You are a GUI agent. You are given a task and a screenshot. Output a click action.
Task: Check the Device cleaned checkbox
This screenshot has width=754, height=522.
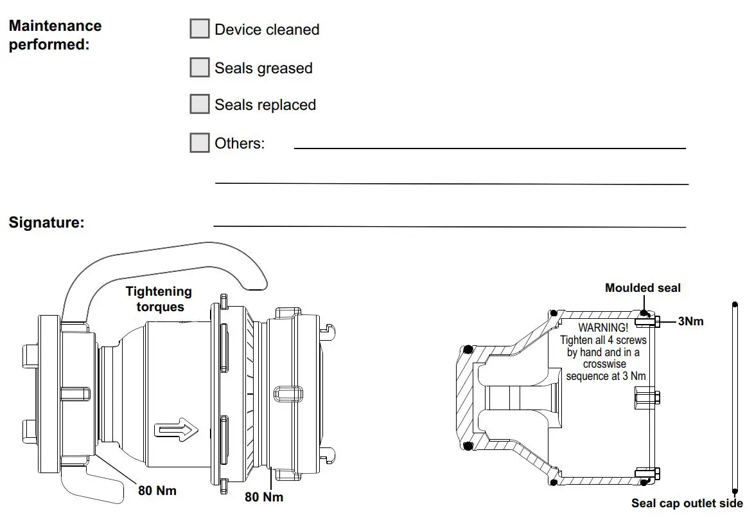pos(200,29)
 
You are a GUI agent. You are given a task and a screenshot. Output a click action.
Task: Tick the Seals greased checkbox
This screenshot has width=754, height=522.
pos(200,67)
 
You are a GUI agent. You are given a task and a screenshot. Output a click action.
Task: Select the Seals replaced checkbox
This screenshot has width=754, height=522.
pos(200,104)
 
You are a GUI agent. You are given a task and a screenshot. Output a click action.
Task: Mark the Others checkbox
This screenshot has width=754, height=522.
pos(200,143)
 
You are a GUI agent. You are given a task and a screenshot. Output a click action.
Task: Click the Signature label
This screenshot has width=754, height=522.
pos(46,223)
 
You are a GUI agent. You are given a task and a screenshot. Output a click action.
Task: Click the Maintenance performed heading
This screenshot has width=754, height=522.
pos(55,36)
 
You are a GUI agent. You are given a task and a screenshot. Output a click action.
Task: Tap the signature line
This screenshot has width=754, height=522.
pos(450,226)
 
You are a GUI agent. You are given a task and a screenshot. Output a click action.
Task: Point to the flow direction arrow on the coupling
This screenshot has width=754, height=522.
pos(175,429)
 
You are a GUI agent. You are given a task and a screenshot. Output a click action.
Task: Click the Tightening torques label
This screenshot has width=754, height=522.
pos(159,300)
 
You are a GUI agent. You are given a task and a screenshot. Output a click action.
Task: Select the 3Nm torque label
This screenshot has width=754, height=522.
pos(690,321)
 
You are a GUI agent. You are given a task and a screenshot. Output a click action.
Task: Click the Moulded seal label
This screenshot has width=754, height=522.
pos(642,288)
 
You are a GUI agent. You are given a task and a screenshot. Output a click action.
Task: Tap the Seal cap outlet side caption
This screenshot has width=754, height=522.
pos(687,503)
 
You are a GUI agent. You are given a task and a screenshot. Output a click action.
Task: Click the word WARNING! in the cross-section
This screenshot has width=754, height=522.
pos(603,328)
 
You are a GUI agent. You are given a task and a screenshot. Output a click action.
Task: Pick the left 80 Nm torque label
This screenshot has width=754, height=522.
pos(157,491)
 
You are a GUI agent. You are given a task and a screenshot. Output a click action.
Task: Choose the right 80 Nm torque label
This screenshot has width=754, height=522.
pos(264,497)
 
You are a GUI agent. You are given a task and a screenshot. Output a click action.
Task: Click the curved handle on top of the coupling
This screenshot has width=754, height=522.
pos(167,257)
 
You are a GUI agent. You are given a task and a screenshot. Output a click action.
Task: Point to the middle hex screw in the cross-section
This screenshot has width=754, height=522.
pos(645,397)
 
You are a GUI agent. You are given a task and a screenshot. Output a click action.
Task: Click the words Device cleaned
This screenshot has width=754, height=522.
pos(267,30)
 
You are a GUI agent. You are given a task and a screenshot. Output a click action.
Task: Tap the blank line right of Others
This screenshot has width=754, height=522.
pos(489,148)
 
